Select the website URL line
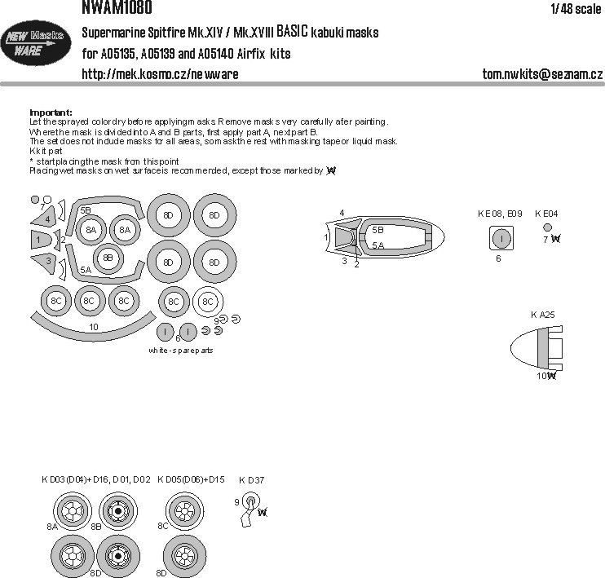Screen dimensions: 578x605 (x=160, y=74)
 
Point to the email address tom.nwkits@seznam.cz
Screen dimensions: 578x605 (x=541, y=74)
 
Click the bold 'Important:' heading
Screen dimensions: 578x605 (x=51, y=112)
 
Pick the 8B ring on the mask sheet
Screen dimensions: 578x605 (x=108, y=259)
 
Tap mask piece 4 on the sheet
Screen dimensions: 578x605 (x=47, y=218)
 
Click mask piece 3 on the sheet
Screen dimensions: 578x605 (x=47, y=261)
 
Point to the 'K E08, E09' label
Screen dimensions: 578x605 (x=499, y=214)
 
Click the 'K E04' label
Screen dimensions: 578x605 (x=546, y=214)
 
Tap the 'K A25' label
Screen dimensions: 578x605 (x=543, y=315)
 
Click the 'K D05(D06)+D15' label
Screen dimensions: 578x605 (x=190, y=479)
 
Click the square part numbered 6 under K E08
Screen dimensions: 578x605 (x=502, y=238)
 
